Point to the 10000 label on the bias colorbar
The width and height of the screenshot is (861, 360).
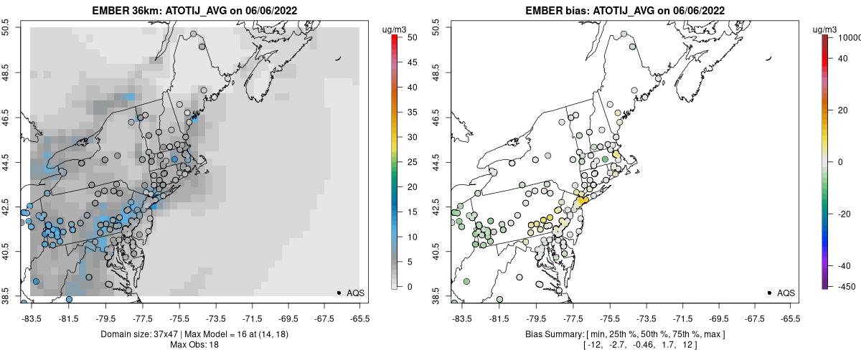tap(848, 37)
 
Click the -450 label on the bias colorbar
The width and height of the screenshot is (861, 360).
tap(844, 287)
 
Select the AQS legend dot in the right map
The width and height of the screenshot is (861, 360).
tap(769, 293)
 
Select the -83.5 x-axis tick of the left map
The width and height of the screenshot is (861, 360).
tap(32, 318)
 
